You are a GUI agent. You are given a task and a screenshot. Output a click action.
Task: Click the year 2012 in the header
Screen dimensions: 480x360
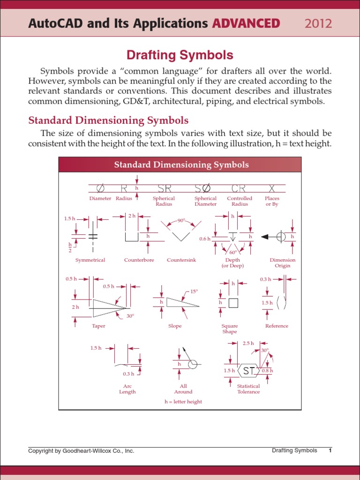pyautogui.click(x=318, y=23)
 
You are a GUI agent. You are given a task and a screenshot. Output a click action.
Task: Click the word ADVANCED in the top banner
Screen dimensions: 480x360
pyautogui.click(x=246, y=23)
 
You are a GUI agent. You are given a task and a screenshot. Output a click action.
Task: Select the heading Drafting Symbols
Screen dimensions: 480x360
pyautogui.click(x=180, y=55)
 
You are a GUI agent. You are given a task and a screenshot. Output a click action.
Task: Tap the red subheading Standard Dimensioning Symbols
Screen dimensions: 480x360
pyautogui.click(x=108, y=120)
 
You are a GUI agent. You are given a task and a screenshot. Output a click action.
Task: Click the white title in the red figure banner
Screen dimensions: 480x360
pyautogui.click(x=181, y=165)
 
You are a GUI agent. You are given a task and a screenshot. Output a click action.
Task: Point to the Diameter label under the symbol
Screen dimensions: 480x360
pyautogui.click(x=100, y=198)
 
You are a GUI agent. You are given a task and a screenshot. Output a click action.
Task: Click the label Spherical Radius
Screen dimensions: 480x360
pyautogui.click(x=164, y=201)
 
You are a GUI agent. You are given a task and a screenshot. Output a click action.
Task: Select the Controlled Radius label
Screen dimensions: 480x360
pyautogui.click(x=240, y=201)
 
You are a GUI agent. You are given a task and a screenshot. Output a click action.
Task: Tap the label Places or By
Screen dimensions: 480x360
pyautogui.click(x=272, y=201)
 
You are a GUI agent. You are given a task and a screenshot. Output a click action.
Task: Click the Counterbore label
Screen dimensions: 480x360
pyautogui.click(x=139, y=260)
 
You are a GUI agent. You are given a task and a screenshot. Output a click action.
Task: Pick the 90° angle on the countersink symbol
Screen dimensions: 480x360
pyautogui.click(x=181, y=220)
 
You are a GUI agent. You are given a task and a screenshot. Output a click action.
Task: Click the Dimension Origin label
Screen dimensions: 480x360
pyautogui.click(x=283, y=262)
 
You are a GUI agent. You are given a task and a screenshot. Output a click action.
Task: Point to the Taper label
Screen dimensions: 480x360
pyautogui.click(x=98, y=326)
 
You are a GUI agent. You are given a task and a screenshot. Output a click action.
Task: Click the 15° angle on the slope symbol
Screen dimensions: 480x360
pyautogui.click(x=194, y=291)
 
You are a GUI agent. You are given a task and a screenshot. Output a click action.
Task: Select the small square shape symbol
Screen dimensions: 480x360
pyautogui.click(x=233, y=303)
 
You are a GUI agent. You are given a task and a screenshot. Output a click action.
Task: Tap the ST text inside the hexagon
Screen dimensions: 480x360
pyautogui.click(x=249, y=371)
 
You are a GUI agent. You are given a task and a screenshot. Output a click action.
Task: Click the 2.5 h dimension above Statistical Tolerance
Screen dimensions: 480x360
pyautogui.click(x=248, y=343)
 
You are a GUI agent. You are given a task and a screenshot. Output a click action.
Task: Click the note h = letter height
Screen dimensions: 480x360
pyautogui.click(x=183, y=402)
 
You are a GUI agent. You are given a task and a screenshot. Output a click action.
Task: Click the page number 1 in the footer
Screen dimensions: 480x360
pyautogui.click(x=330, y=450)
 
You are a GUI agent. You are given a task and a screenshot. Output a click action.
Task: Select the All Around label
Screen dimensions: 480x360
pyautogui.click(x=183, y=389)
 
